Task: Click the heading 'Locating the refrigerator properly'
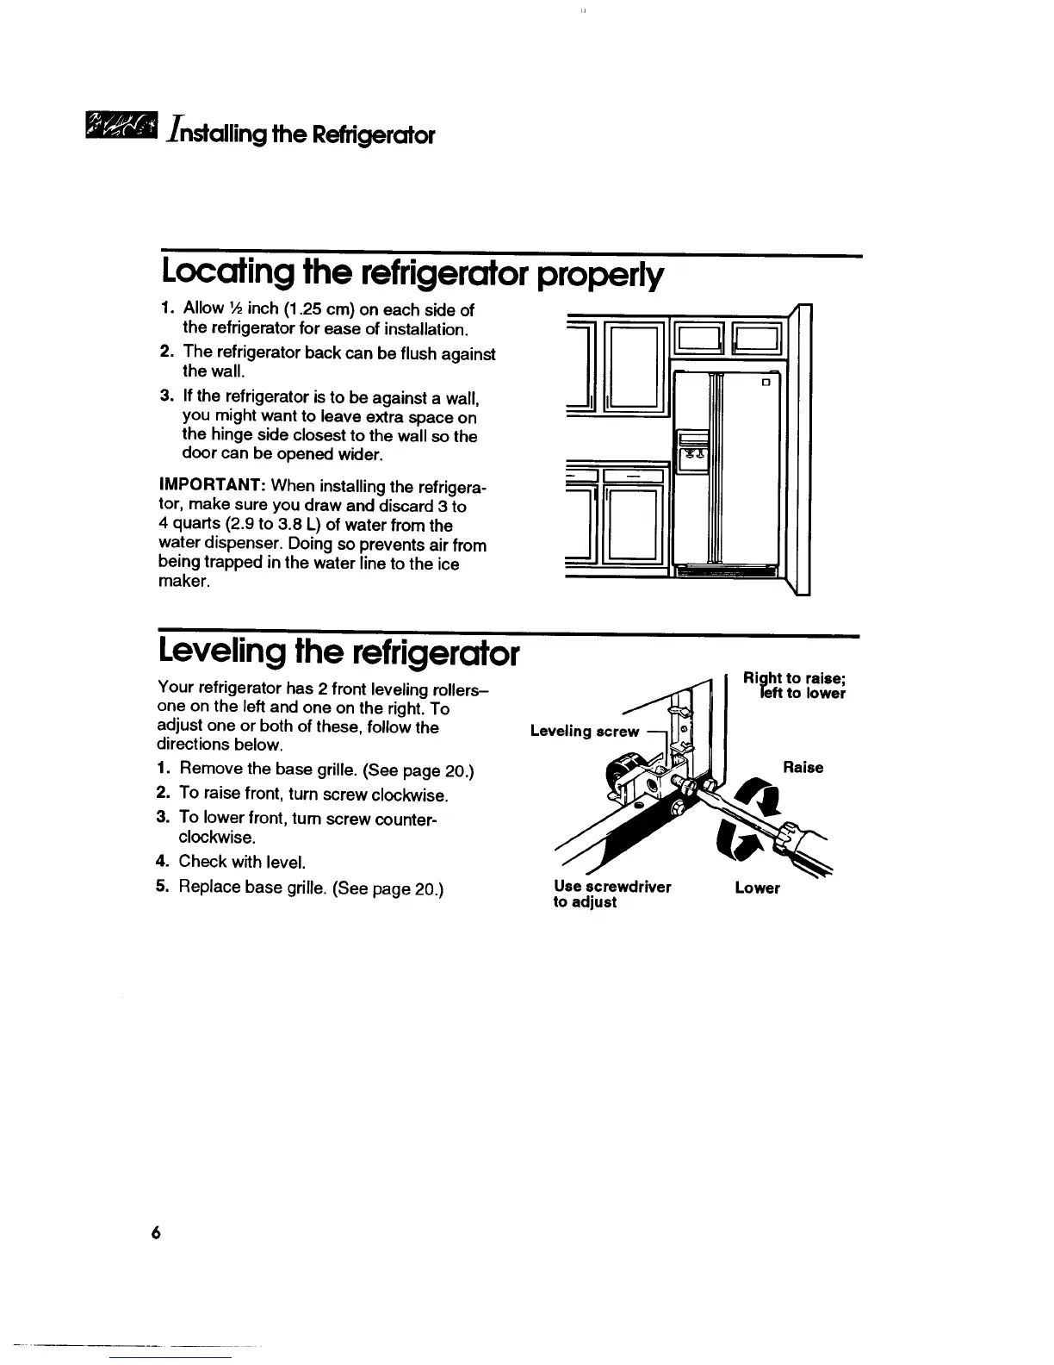(x=412, y=273)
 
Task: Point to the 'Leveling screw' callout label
(x=585, y=732)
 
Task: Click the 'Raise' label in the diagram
(x=803, y=767)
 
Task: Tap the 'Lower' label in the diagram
(x=757, y=888)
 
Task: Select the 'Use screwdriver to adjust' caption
(x=612, y=894)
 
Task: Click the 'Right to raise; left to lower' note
(x=795, y=686)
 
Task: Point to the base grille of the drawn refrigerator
(x=726, y=571)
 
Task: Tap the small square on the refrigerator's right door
(x=764, y=382)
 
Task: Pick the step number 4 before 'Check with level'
(x=161, y=861)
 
